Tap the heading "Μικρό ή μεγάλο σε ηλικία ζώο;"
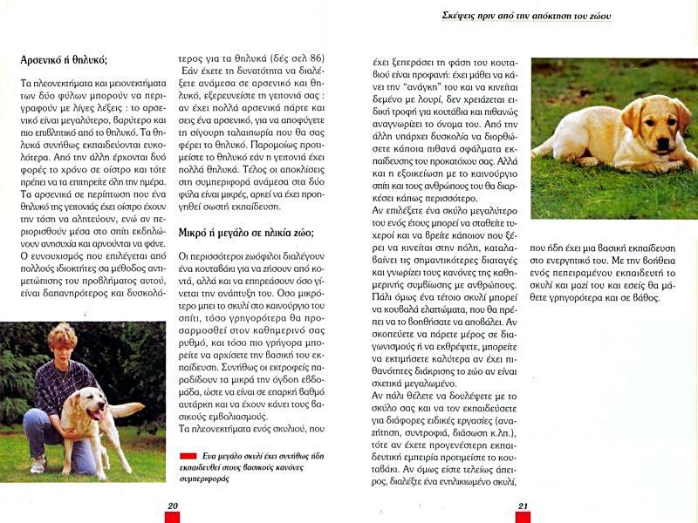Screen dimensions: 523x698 (246, 233)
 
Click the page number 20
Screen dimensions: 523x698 (173, 505)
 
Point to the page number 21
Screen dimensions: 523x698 (523, 505)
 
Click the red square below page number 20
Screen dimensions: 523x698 (173, 517)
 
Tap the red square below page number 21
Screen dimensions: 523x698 (523, 517)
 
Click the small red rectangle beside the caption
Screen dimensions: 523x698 (187, 456)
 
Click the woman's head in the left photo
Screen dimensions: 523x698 (62, 339)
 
